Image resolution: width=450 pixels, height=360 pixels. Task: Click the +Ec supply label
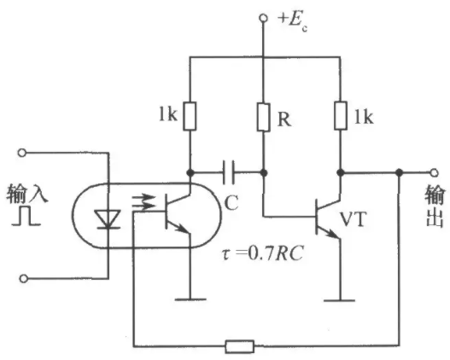pos(292,22)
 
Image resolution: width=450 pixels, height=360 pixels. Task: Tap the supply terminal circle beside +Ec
pos(263,18)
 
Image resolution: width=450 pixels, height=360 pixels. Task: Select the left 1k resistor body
pos(190,116)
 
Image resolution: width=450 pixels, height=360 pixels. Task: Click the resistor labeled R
pos(264,117)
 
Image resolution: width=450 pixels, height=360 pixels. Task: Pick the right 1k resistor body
pos(341,115)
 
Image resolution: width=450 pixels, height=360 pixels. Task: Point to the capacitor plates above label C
pos(229,172)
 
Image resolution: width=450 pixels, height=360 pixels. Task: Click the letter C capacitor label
pos(231,203)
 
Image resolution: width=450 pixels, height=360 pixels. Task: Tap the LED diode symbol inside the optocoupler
pos(108,219)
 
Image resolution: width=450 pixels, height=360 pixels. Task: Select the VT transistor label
pos(354,219)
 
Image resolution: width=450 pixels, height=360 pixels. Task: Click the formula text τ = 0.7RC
pos(263,253)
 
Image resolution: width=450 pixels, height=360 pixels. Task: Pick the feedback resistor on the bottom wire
pos(240,346)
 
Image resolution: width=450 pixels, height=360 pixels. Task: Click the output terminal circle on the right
pos(435,172)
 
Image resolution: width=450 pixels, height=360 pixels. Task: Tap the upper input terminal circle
pos(22,153)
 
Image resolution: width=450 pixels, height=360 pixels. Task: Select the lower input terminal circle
pos(24,278)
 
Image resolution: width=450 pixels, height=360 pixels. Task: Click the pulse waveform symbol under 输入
pos(26,215)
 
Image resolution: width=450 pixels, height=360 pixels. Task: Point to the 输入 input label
pos(27,194)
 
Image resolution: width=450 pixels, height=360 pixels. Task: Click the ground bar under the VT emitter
pos(340,300)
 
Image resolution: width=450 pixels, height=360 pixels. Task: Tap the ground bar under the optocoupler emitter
pos(190,299)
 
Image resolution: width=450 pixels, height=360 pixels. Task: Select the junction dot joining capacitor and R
pos(264,173)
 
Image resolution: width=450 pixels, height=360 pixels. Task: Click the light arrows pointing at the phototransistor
pos(143,201)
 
